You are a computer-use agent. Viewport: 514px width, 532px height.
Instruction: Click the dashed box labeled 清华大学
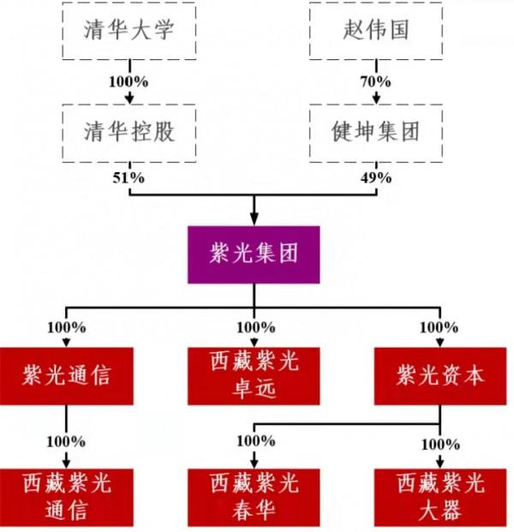[129, 31]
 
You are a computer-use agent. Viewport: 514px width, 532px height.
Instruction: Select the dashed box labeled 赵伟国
[374, 31]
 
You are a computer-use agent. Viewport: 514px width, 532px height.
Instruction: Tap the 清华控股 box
[129, 132]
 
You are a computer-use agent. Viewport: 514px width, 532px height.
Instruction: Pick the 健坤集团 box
[374, 132]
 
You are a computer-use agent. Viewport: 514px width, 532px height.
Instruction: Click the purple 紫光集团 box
[253, 254]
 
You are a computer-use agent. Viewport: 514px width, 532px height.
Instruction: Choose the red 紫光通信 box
[67, 375]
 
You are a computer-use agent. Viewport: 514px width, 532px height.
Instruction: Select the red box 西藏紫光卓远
[254, 375]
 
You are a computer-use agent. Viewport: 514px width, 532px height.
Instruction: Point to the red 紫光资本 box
[440, 375]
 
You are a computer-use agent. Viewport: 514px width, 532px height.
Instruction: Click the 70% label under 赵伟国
[375, 82]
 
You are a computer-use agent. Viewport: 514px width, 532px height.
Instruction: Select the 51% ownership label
[128, 178]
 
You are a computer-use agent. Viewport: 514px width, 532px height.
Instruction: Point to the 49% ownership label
[375, 178]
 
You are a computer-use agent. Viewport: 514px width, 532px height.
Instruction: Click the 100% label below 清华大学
[128, 82]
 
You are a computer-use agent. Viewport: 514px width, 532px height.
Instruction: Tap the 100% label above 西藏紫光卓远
[255, 326]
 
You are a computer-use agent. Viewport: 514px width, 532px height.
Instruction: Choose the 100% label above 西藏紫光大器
[440, 445]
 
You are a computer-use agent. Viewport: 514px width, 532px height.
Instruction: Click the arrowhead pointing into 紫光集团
[254, 218]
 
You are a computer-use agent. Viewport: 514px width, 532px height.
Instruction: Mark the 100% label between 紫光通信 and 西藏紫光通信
[66, 442]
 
